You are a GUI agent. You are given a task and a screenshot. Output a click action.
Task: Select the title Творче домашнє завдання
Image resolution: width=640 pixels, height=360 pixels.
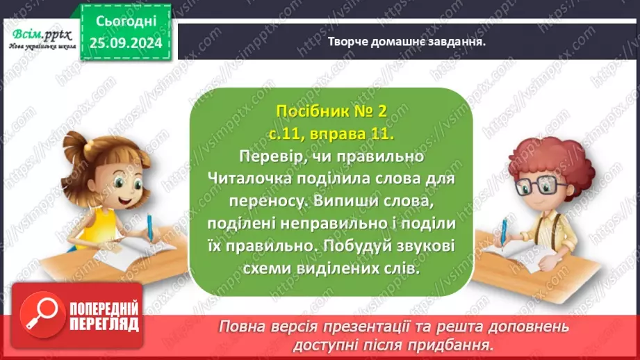[x=407, y=41]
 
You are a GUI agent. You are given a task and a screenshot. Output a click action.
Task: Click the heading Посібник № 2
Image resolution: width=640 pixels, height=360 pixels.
[x=329, y=111]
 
